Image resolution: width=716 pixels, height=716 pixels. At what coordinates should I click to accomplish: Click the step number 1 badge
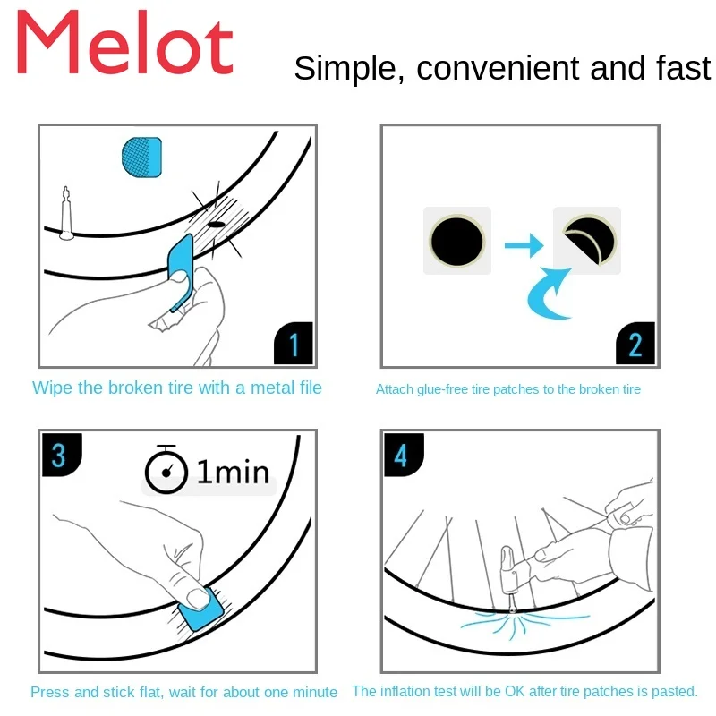coord(294,345)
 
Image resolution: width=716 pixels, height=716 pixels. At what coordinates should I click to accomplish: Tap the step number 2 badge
coord(636,345)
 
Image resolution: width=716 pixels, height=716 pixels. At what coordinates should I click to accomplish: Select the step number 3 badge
coord(59,455)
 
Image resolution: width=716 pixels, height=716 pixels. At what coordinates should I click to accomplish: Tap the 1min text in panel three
coord(232,471)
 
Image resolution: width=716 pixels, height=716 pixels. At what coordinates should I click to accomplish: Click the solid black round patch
coord(457,241)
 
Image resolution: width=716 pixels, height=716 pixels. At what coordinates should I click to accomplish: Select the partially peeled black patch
coord(588,240)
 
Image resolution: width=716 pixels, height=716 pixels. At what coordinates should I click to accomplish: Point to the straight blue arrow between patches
coord(524,243)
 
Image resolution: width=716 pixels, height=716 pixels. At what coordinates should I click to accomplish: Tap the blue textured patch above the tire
coord(141,156)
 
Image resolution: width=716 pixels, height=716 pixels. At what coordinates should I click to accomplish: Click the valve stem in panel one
coord(66,214)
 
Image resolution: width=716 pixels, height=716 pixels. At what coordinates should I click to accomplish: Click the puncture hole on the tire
coord(216,226)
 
